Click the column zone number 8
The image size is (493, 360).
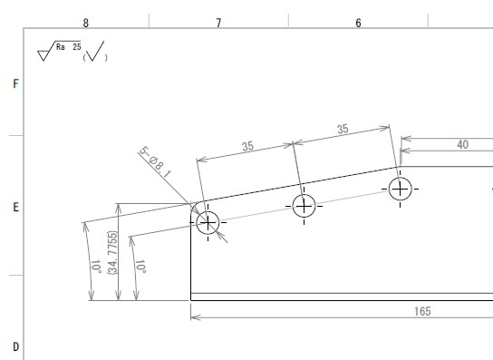point(86,23)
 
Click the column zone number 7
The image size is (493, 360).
point(218,23)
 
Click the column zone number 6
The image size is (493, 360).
point(359,23)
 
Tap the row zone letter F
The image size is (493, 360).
point(15,83)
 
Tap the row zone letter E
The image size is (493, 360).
point(15,208)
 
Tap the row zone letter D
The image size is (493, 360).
point(15,347)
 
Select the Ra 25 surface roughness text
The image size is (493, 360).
point(69,47)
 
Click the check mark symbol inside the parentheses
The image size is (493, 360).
point(95,51)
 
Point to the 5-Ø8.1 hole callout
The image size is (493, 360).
point(155,162)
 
